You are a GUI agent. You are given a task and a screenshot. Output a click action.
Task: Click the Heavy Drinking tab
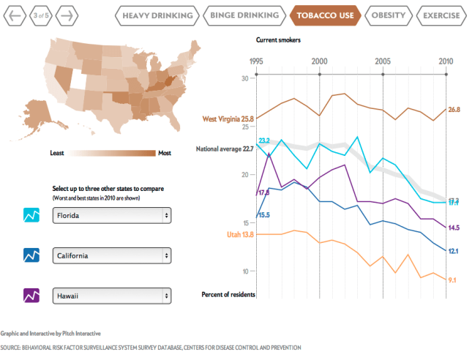coord(158,15)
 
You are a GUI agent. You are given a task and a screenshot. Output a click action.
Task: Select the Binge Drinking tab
coord(244,15)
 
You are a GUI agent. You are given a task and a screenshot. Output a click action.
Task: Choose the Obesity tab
coord(388,15)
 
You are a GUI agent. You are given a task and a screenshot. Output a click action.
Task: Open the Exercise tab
coord(441,15)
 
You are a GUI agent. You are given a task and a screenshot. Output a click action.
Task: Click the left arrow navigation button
coord(14,15)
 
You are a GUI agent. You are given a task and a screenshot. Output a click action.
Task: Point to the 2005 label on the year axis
coord(382,61)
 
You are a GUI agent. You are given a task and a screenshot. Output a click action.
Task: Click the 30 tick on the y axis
coord(245,77)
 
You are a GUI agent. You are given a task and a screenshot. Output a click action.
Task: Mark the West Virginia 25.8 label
coord(227,118)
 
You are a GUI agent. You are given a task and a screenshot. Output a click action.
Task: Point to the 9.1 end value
coord(452,280)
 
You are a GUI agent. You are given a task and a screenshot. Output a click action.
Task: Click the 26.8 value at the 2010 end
coord(454,109)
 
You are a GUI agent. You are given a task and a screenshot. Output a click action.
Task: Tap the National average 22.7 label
coord(225,149)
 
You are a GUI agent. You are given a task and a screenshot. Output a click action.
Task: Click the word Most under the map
coord(165,153)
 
